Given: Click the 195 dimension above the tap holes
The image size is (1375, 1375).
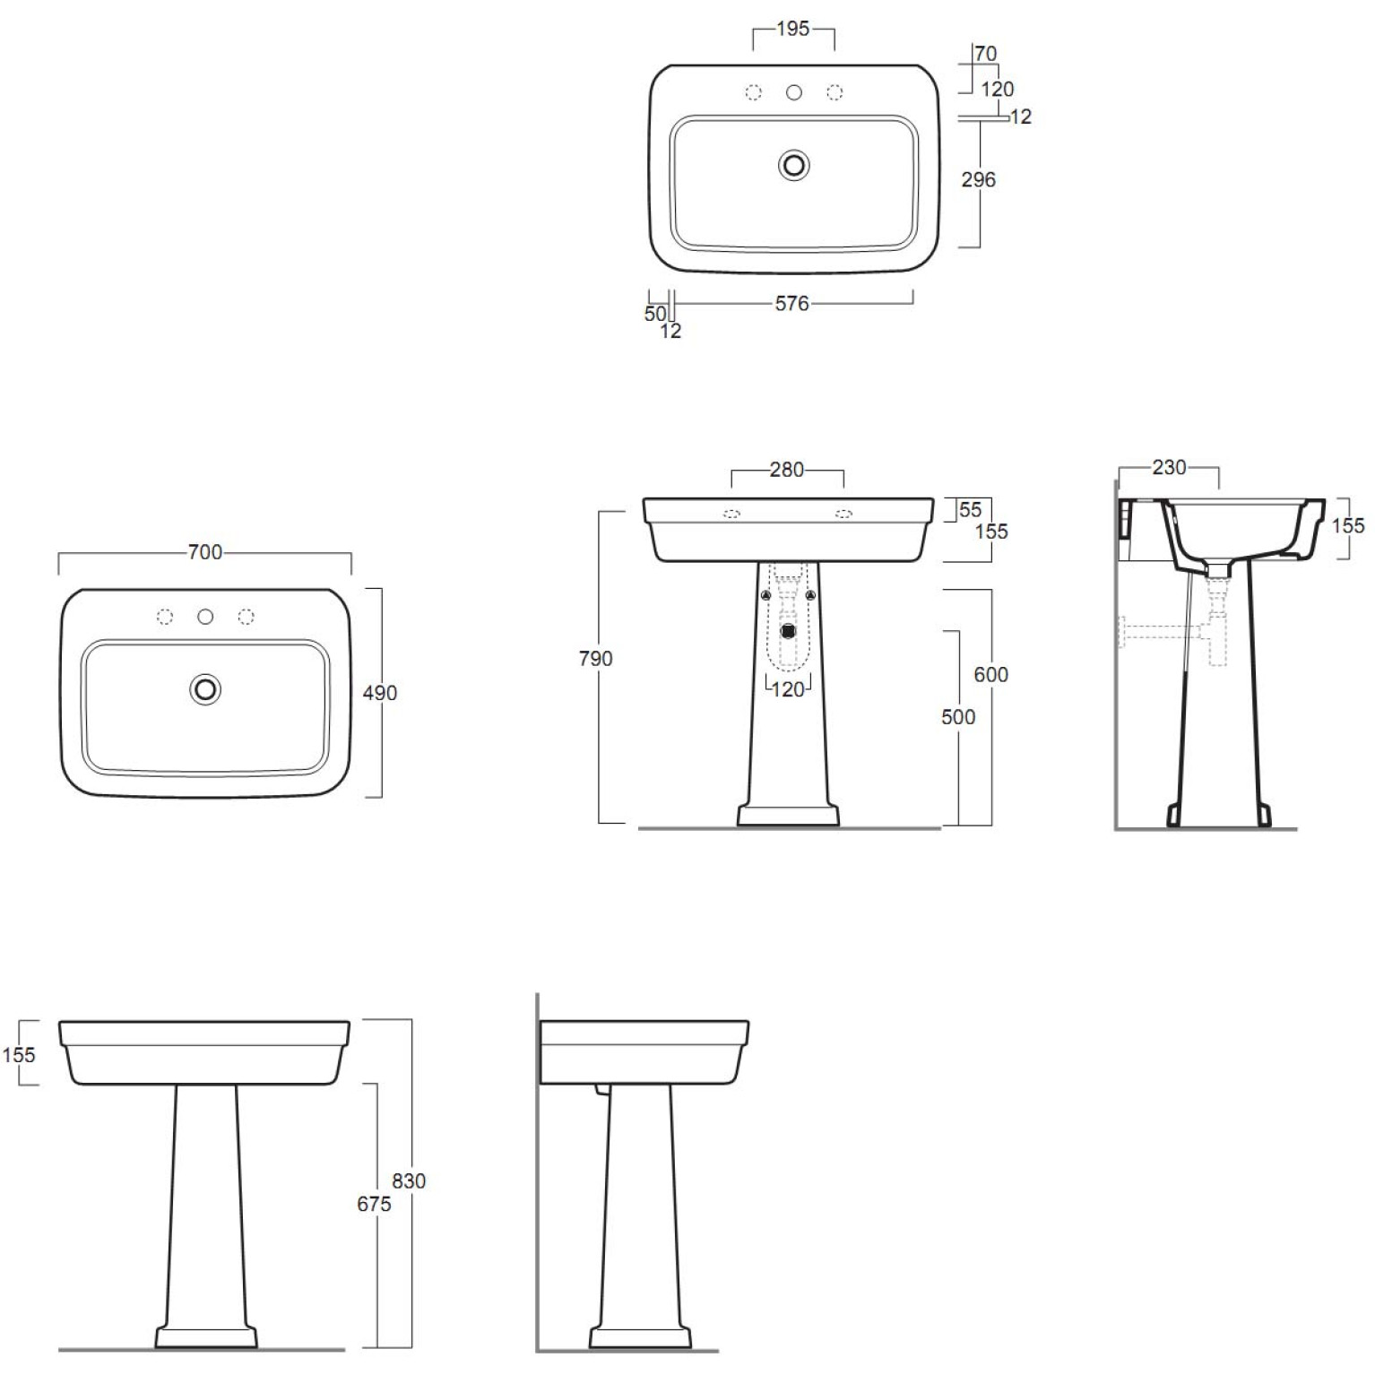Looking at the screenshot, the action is [x=792, y=29].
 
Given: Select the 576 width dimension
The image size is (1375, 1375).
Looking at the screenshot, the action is [x=792, y=304].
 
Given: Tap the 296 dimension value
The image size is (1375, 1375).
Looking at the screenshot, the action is [x=978, y=179].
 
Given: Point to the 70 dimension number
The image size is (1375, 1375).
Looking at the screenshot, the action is [x=985, y=54].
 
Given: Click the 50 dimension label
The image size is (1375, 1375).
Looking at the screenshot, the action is [x=655, y=314].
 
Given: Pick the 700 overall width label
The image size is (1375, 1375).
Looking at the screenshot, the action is [x=205, y=552].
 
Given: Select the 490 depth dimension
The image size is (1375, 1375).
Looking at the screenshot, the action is [x=380, y=693].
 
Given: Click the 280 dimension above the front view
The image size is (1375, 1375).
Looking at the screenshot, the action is [x=787, y=469].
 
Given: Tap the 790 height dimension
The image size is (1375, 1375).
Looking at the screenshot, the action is [x=596, y=659].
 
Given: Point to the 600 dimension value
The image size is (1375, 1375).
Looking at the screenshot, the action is [x=990, y=674].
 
